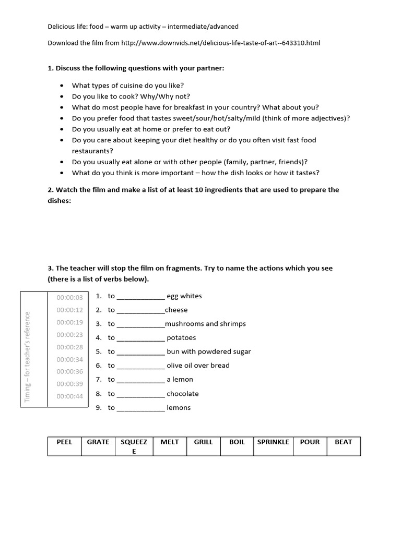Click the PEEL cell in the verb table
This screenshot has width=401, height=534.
[x=65, y=442]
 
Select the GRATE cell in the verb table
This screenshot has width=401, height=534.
[x=98, y=442]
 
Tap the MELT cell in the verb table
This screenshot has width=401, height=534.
[x=169, y=442]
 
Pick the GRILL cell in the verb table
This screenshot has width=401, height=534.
[x=203, y=442]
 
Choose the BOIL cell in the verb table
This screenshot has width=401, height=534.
[x=237, y=442]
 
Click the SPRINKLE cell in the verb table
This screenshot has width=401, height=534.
[x=273, y=442]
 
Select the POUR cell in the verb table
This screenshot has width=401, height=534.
[x=310, y=442]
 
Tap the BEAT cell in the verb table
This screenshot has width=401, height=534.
[x=343, y=442]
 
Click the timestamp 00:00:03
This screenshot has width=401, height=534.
[x=70, y=298]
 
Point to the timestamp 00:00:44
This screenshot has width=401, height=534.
[x=70, y=396]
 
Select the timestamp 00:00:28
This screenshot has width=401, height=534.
[x=70, y=347]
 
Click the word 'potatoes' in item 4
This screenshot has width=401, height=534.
[x=181, y=338]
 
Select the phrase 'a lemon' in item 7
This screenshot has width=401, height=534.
[x=180, y=380]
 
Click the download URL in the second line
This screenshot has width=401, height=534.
[x=221, y=43]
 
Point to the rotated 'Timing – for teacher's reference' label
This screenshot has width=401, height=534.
[x=28, y=357]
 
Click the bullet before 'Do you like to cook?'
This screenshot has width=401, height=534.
[x=63, y=96]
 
